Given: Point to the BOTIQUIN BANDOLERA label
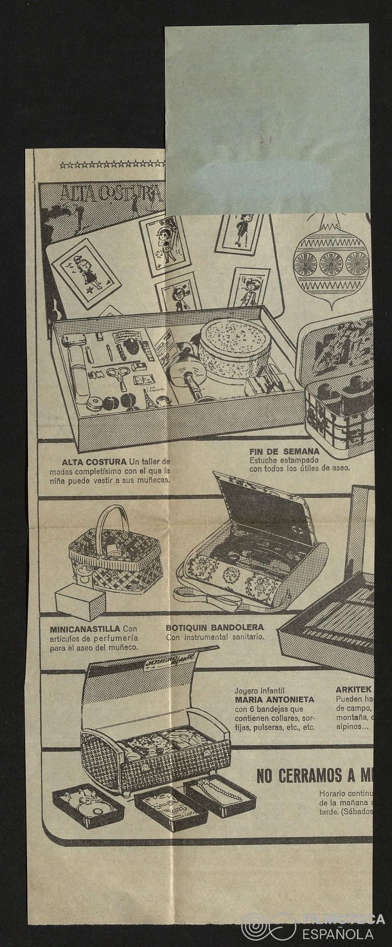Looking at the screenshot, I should [214, 628].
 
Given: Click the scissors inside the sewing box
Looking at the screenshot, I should [118, 374].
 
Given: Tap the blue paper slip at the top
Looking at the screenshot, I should [266, 118].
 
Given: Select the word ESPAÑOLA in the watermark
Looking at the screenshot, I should [345, 933].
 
